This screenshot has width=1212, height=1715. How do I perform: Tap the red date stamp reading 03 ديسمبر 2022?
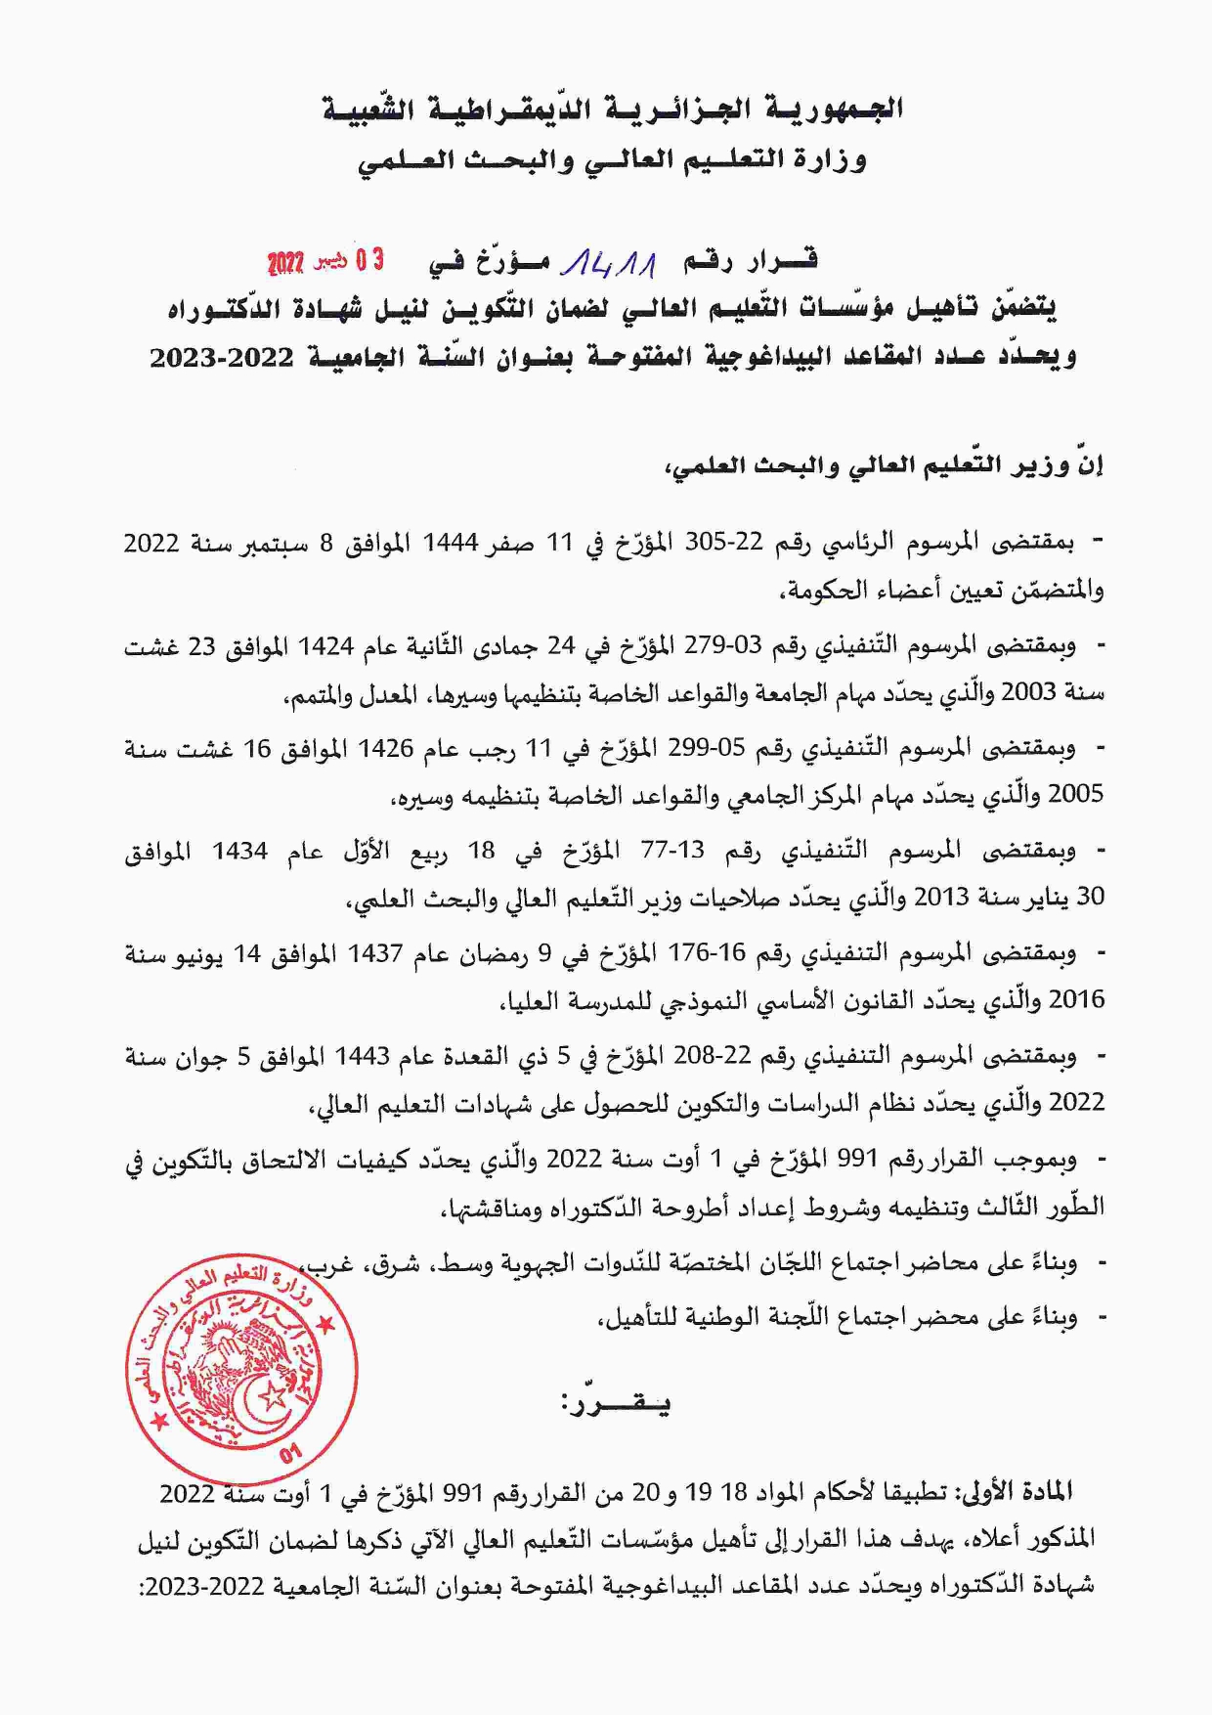pos(325,262)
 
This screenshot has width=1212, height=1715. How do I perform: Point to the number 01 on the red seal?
pos(291,1454)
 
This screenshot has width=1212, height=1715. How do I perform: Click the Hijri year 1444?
pos(449,544)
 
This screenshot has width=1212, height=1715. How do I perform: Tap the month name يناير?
pos(1046,898)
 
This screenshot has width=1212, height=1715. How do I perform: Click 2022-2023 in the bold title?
pos(222,358)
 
